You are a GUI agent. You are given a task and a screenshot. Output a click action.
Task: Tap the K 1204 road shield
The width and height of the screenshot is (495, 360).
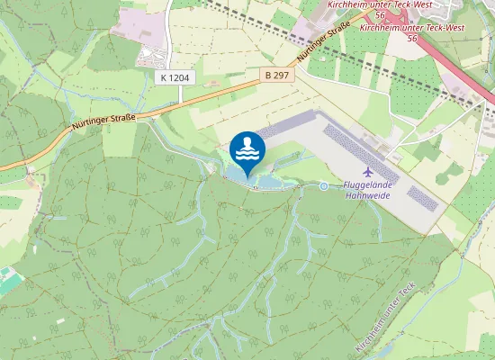(x=175, y=78)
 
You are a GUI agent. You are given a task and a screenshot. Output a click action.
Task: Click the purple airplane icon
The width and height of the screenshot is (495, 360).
(x=367, y=171)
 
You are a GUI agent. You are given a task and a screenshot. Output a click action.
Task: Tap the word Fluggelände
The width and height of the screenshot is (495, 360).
(x=369, y=186)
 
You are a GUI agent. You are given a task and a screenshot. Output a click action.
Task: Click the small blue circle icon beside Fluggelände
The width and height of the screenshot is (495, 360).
(x=324, y=186)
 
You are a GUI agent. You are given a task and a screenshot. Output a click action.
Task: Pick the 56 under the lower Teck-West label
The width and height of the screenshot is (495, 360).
(x=411, y=39)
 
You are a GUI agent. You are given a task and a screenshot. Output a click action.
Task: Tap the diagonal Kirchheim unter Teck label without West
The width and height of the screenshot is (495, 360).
(x=388, y=319)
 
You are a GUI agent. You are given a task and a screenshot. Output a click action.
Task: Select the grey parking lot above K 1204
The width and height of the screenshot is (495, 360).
(x=152, y=57)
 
